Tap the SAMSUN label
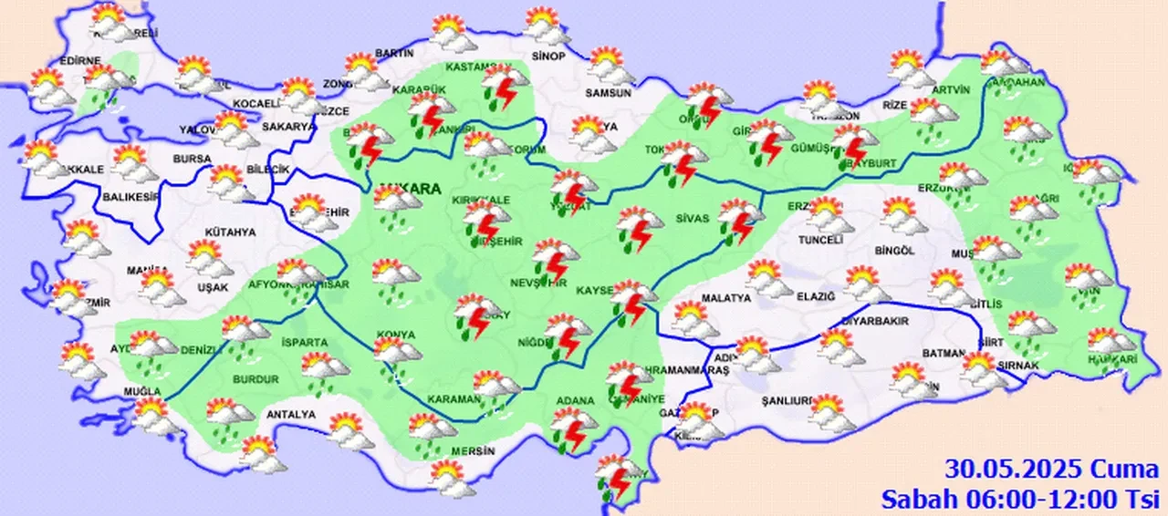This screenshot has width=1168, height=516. [x=609, y=93]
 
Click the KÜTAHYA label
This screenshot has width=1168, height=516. [x=229, y=232]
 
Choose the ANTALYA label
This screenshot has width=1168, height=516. [x=291, y=415]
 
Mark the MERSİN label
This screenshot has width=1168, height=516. [x=472, y=451]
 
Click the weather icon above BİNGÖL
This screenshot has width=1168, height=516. [x=902, y=217]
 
